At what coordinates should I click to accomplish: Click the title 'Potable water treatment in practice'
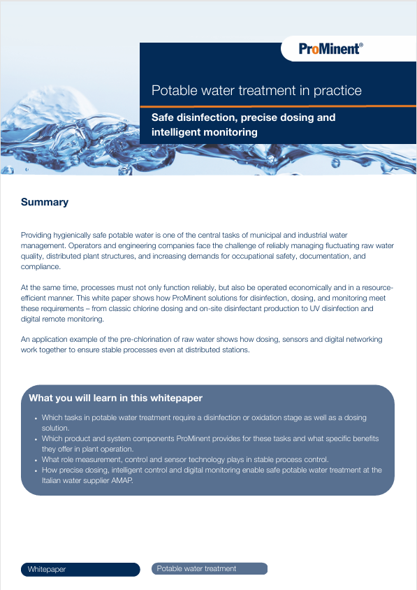[x=256, y=91]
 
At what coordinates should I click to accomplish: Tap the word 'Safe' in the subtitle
[x=163, y=117]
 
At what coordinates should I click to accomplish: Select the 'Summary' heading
[x=45, y=202]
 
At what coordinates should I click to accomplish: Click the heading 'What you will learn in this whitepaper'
[x=116, y=398]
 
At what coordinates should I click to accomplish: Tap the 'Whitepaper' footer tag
[x=47, y=570]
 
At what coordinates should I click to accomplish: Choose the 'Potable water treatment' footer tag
[x=196, y=568]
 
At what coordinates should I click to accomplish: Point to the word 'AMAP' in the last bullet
[x=119, y=480]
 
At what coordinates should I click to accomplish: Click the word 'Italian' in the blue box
[x=54, y=480]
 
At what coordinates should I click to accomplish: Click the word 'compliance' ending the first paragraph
[x=40, y=266]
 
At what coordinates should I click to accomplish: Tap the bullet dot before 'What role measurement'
[x=36, y=460]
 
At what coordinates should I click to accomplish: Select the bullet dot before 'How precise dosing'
[x=36, y=470]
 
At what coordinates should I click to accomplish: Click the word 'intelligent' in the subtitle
[x=177, y=131]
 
